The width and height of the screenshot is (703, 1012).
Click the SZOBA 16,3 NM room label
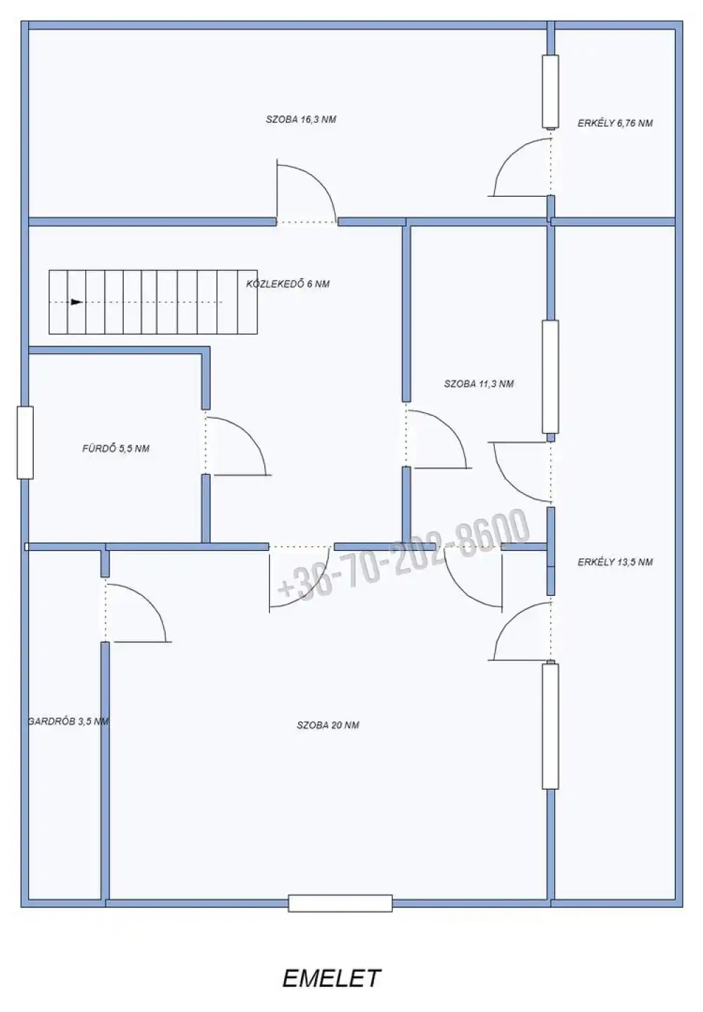tap(301, 119)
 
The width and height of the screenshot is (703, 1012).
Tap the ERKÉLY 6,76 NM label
tap(615, 123)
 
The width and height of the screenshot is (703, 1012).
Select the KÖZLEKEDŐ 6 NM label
tap(288, 284)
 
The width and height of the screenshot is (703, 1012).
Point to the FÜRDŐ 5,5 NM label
tap(116, 448)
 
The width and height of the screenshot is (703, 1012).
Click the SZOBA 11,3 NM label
tap(479, 384)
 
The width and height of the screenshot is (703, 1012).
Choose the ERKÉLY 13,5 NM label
tap(615, 562)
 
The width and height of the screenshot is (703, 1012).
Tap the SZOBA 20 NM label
tap(328, 725)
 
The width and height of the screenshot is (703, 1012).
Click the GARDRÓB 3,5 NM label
tap(68, 722)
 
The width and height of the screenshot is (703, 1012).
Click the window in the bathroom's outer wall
tap(25, 442)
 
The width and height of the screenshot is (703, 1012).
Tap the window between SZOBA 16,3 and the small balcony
tap(550, 91)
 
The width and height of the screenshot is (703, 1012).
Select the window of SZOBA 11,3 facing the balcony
tap(550, 377)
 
